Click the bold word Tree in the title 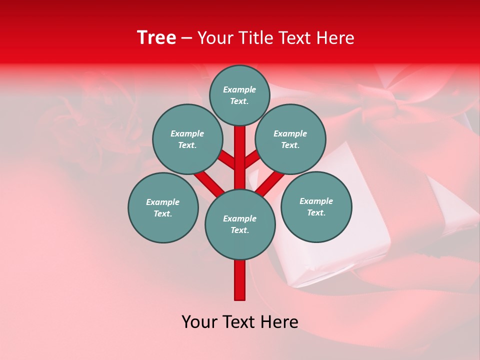click(156, 38)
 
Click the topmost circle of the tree click(239, 95)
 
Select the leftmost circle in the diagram click(163, 207)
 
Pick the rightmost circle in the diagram click(316, 206)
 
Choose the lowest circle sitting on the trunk click(240, 224)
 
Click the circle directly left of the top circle click(187, 139)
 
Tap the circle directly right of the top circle click(290, 139)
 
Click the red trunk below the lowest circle click(240, 280)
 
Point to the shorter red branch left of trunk click(226, 160)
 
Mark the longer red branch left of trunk click(209, 182)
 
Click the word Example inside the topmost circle click(239, 89)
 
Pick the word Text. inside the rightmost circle click(316, 212)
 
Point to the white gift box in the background click(320, 250)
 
